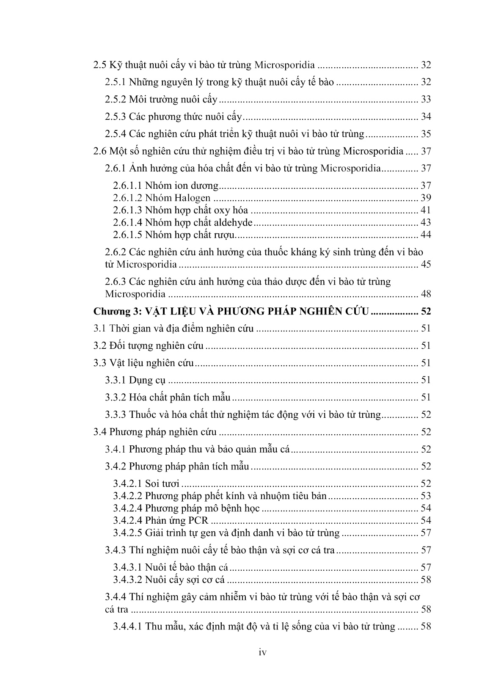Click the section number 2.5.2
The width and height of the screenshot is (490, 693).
[x=115, y=100]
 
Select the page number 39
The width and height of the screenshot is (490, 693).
[x=425, y=198]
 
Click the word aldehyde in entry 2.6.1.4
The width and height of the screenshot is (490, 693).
[x=232, y=222]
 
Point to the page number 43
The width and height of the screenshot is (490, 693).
[x=425, y=222]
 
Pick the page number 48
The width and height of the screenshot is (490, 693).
[x=425, y=294]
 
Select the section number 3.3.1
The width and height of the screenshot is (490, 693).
[x=115, y=380]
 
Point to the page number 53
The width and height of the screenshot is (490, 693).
[x=425, y=496]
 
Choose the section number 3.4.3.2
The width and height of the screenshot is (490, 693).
[x=127, y=580]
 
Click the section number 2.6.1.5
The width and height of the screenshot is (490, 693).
[x=127, y=235]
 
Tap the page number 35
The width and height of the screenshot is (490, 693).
[x=425, y=134]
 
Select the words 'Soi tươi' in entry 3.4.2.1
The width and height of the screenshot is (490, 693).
[x=162, y=483]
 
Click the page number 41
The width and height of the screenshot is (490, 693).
[x=425, y=210]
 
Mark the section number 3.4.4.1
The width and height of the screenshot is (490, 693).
[x=127, y=627]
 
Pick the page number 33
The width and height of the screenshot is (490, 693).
[x=425, y=99]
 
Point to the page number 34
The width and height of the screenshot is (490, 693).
[x=425, y=117]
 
